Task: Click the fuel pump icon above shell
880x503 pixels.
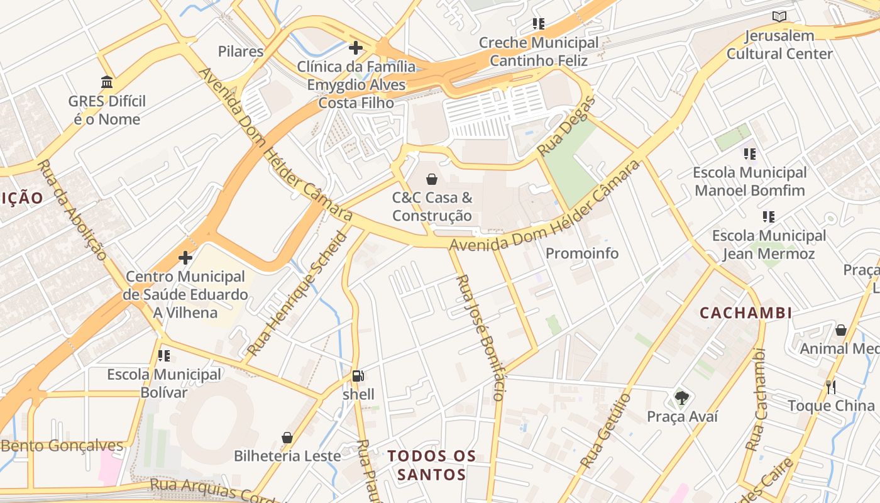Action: click(358, 376)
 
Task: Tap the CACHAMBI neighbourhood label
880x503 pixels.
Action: click(745, 312)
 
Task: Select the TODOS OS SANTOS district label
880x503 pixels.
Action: click(431, 465)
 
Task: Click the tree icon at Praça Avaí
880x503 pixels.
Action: click(681, 397)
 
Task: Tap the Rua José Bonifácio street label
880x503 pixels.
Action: click(480, 338)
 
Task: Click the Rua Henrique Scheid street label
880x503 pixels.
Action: click(297, 294)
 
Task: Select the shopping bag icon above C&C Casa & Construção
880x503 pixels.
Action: click(432, 179)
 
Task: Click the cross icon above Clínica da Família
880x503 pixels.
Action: click(356, 48)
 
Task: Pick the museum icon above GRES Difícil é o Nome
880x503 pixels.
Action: click(107, 82)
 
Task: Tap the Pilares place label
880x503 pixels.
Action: click(241, 52)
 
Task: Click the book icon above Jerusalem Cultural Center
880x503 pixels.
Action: click(779, 17)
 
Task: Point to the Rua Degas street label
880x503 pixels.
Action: click(566, 128)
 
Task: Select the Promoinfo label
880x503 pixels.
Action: click(582, 253)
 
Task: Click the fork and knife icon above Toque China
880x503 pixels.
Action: click(831, 387)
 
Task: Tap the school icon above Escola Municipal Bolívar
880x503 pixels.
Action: click(164, 356)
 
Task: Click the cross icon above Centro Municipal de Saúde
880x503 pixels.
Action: click(185, 258)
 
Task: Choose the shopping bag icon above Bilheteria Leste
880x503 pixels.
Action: click(287, 437)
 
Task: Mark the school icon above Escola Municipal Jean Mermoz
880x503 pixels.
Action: click(768, 217)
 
